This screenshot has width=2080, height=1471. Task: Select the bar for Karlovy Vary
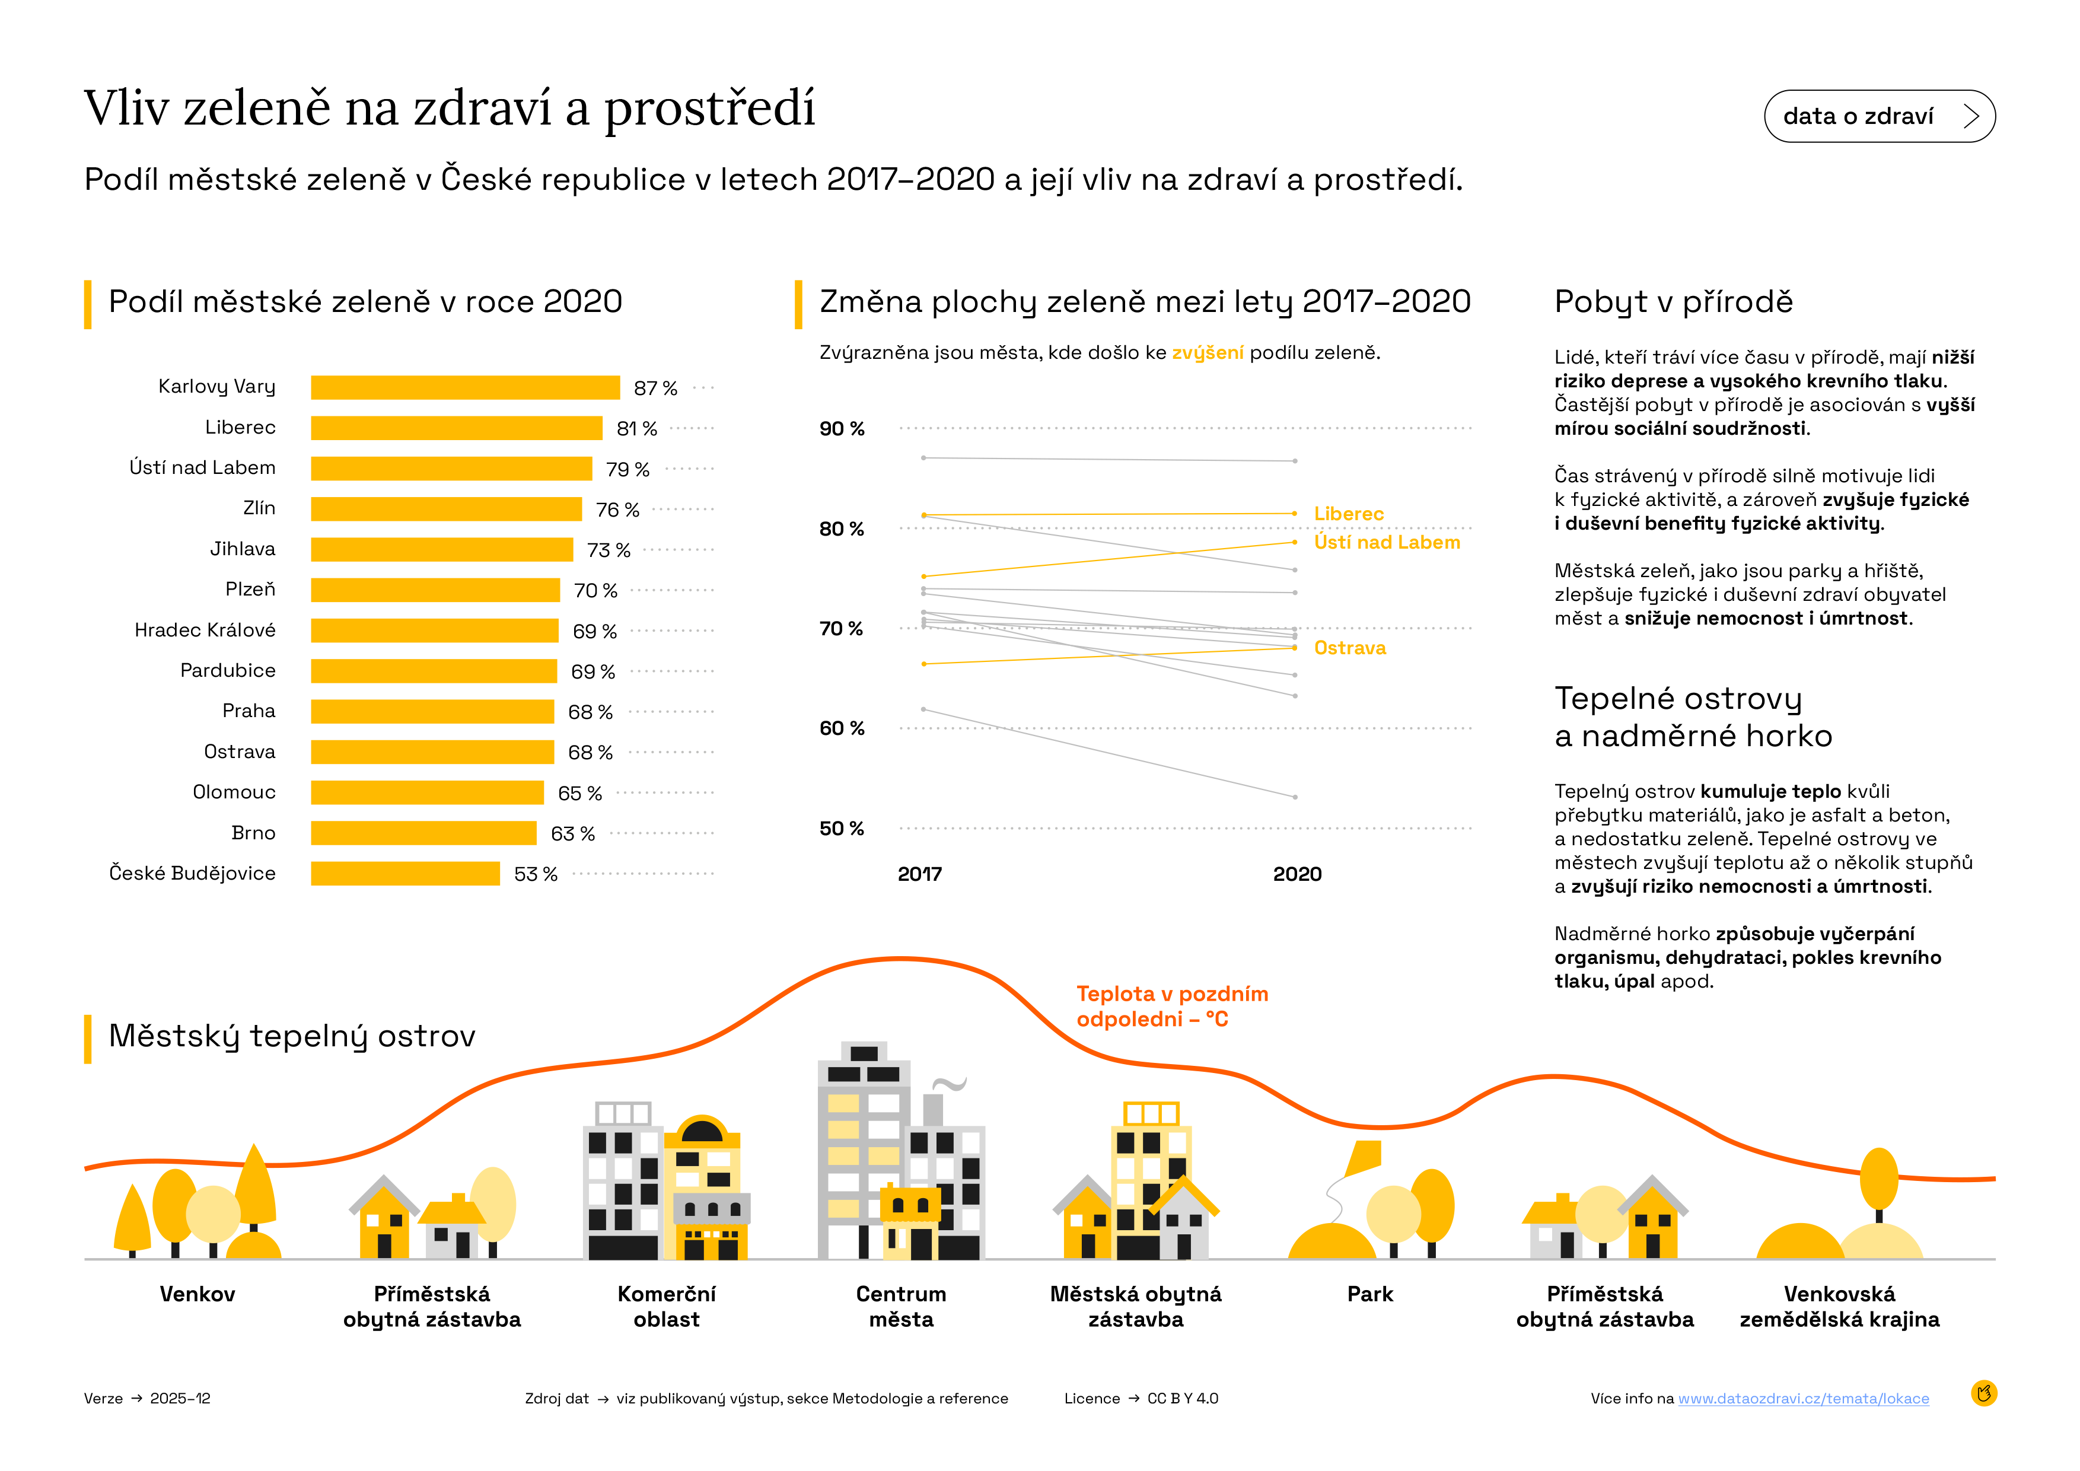[x=465, y=388]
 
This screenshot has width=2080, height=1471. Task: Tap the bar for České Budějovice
[x=405, y=874]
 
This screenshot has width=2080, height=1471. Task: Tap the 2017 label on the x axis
[x=919, y=874]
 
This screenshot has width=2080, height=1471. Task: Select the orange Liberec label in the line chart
[x=1348, y=514]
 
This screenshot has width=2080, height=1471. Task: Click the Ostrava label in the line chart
[x=1349, y=648]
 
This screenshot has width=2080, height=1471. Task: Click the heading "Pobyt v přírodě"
[x=1673, y=302]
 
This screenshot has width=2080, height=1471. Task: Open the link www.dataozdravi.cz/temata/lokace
[x=1803, y=1399]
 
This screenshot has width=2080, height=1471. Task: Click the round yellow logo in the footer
[x=1984, y=1393]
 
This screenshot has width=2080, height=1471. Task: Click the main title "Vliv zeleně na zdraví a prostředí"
[x=450, y=108]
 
